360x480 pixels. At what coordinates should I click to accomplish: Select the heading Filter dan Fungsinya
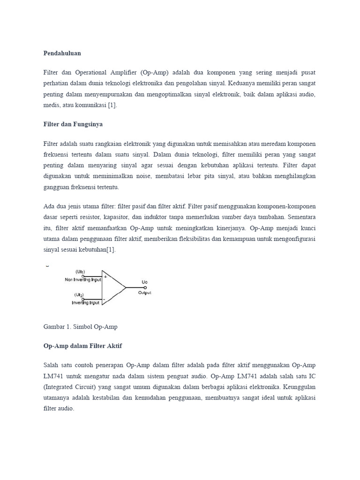tap(73, 124)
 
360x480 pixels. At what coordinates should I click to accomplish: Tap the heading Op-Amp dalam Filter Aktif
tap(82, 345)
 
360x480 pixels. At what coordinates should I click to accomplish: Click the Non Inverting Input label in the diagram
tap(83, 280)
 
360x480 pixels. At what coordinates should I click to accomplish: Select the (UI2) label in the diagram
tap(80, 295)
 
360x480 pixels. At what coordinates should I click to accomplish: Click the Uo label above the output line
tap(144, 282)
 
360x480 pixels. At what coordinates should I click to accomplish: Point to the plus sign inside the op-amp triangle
tap(105, 277)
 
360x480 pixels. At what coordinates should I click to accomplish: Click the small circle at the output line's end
tap(145, 287)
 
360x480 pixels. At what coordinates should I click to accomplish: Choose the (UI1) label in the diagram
tap(80, 272)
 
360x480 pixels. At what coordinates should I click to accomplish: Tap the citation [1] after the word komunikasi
tap(112, 105)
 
